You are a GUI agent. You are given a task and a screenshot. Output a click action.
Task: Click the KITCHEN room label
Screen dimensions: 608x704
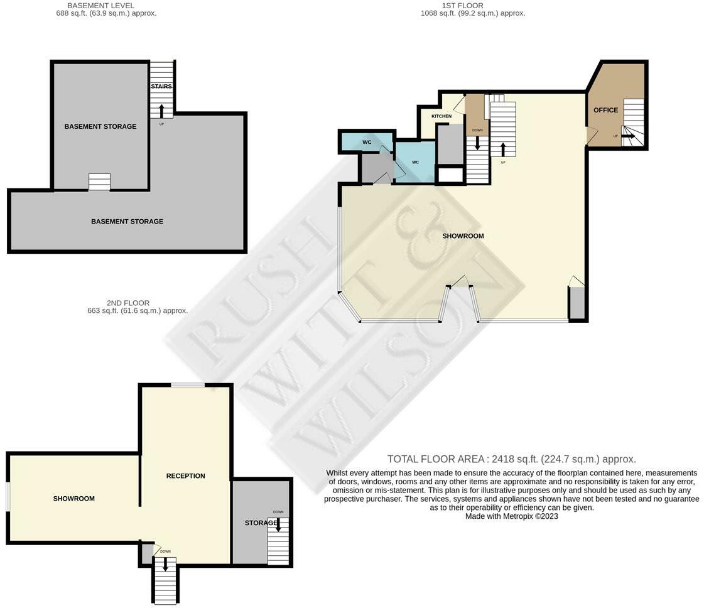point(441,116)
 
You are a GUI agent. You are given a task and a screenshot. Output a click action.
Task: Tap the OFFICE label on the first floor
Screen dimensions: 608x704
point(605,110)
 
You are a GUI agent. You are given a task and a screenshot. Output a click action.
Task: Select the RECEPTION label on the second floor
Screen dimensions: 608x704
point(185,475)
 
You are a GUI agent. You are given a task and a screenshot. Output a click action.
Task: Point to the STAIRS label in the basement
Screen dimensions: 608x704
point(161,87)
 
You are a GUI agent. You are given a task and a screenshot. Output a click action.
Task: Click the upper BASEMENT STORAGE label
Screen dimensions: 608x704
point(100,126)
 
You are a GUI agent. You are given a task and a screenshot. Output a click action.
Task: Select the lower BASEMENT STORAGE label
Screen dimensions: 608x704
point(127,221)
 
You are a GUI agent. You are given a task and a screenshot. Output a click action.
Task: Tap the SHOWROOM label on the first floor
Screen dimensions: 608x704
point(463,236)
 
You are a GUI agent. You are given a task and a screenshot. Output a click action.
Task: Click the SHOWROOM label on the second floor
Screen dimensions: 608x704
point(73,498)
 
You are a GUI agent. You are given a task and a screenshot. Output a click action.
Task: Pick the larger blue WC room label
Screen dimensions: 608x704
point(415,162)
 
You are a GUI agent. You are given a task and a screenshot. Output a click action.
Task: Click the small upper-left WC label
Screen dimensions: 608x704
point(367,142)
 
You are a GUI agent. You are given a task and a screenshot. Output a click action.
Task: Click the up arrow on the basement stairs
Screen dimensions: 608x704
point(161,111)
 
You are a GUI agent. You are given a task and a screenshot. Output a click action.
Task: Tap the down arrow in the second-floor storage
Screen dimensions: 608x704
point(278,524)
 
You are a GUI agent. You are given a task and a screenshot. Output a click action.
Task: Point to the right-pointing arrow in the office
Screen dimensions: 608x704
point(628,135)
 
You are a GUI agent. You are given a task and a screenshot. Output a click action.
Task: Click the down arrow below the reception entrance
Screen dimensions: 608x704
point(165,563)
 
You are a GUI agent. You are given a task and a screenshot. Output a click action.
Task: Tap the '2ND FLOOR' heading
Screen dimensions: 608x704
point(128,303)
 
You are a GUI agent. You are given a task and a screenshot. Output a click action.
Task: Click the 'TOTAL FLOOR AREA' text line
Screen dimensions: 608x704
point(511,459)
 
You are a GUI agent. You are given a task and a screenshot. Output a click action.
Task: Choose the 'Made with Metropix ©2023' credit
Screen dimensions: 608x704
point(511,516)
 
